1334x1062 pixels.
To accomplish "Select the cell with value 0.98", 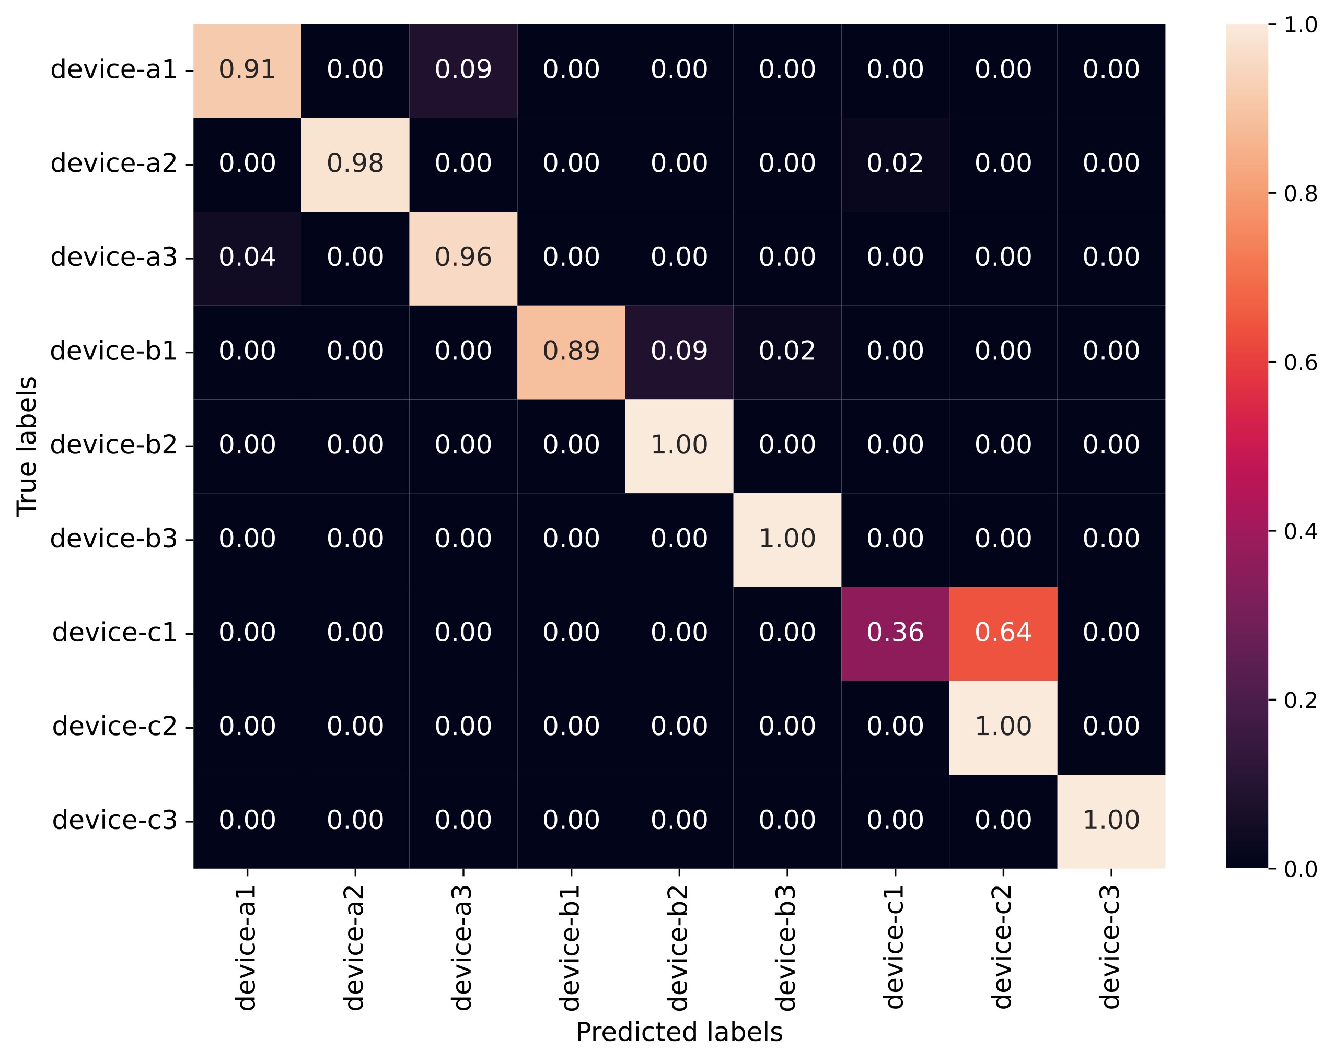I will (355, 164).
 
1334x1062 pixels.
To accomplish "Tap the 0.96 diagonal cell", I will (463, 258).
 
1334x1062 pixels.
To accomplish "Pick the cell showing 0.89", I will (571, 352).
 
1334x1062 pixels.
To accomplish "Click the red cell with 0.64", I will (1003, 633).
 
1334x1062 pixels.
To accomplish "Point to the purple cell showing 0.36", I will (895, 633).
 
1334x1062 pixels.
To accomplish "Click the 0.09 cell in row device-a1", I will (463, 70).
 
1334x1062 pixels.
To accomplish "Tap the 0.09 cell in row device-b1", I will (679, 352).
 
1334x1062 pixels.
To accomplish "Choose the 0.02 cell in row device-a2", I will (895, 164).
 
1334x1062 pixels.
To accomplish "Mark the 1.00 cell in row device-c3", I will (1111, 821).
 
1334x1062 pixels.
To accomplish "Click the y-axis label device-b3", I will (114, 539).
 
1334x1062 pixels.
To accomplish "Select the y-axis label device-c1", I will (115, 633).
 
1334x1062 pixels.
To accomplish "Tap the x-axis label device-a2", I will (355, 947).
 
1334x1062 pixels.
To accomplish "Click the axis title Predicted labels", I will (679, 1032).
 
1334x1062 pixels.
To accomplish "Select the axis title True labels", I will (27, 446).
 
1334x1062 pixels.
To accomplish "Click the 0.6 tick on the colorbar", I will (1300, 363).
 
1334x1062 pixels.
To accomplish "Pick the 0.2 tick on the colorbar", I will (1300, 700).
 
